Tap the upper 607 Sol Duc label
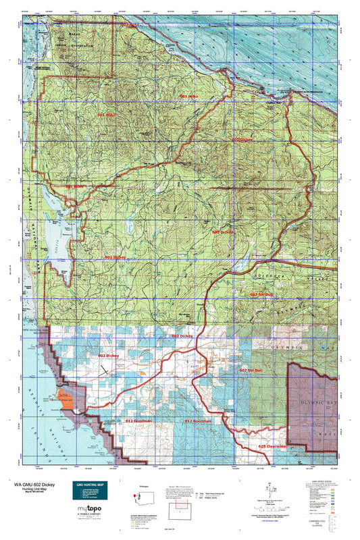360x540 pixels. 262,294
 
